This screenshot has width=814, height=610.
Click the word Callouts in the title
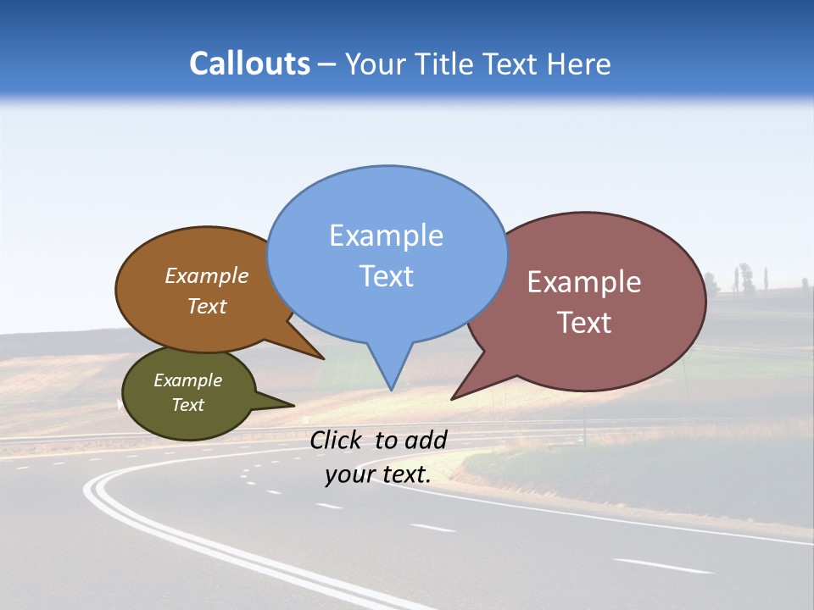(249, 64)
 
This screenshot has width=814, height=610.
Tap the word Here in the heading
(578, 64)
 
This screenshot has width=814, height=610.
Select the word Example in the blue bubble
(386, 236)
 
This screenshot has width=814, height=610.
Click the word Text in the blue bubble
(386, 276)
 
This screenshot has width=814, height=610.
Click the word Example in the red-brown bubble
(584, 282)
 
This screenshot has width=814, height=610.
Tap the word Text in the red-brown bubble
(584, 323)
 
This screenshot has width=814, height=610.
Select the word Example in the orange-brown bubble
(207, 276)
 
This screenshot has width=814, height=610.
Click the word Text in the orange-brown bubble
(207, 306)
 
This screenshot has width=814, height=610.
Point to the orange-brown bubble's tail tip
(322, 358)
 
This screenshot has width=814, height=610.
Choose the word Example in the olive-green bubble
(187, 380)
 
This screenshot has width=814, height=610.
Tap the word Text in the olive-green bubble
(187, 405)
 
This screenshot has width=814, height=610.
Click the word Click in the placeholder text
(337, 440)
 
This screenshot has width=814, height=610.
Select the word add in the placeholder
(425, 440)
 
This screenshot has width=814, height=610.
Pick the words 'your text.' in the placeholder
(377, 474)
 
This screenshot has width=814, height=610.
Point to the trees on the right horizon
(744, 278)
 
